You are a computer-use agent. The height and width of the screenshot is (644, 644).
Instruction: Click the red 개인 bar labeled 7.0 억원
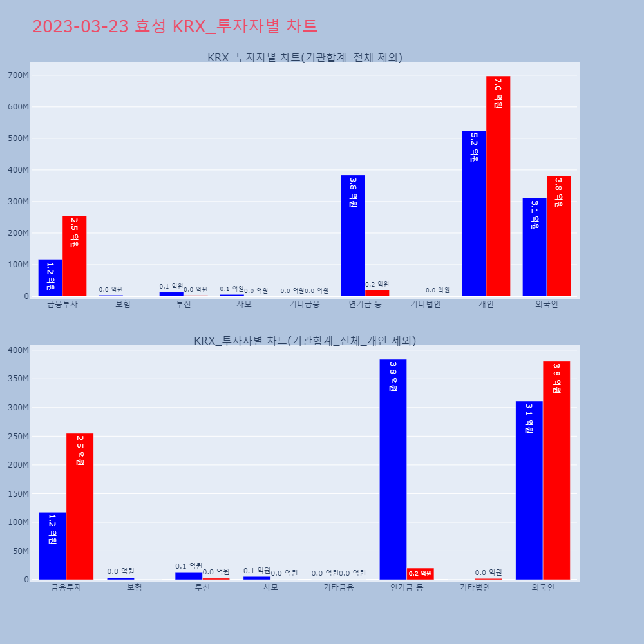[x=498, y=186]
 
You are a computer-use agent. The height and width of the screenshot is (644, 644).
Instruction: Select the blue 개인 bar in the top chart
[x=474, y=213]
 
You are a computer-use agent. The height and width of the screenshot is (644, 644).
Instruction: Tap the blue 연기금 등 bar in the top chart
[x=353, y=236]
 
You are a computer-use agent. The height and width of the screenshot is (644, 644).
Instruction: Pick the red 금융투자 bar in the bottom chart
[x=80, y=506]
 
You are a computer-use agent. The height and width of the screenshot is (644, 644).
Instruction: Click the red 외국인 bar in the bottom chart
[x=556, y=470]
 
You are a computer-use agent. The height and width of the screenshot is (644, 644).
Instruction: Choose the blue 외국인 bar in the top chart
[x=535, y=247]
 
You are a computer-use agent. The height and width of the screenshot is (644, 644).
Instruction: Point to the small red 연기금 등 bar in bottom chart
[x=421, y=573]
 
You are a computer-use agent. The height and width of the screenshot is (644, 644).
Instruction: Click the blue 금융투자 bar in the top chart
[x=50, y=278]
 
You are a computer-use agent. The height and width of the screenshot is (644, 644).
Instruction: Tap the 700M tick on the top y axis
[x=18, y=75]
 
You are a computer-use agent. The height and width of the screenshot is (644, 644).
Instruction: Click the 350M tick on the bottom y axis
[x=18, y=379]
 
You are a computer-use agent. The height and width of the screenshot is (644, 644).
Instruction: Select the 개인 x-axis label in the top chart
[x=486, y=305]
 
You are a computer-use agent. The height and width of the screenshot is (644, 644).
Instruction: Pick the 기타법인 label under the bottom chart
[x=475, y=587]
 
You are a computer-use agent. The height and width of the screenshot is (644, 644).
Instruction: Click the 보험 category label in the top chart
[x=123, y=305]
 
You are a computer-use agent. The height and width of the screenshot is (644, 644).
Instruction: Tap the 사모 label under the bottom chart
[x=270, y=587]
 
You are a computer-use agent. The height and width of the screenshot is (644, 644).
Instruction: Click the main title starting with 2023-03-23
[x=175, y=26]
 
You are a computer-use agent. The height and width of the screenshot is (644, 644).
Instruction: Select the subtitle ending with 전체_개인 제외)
[x=305, y=341]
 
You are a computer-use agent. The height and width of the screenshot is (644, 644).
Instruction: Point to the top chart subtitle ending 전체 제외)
[x=305, y=57]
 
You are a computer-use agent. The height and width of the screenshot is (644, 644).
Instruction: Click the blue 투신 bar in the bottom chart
[x=189, y=576]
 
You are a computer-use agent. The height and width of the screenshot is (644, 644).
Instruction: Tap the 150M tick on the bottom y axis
[x=18, y=494]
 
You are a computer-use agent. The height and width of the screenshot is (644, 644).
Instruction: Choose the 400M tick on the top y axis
[x=18, y=170]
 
